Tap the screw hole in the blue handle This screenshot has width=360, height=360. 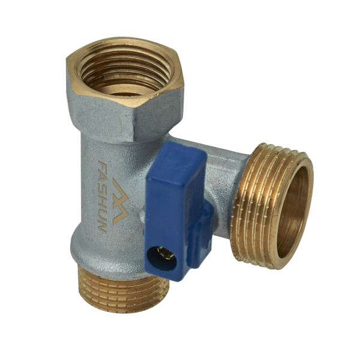[x=162, y=257]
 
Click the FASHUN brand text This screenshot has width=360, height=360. [x=103, y=196]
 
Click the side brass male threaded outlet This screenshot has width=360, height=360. [x=272, y=205]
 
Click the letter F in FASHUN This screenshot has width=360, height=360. [x=103, y=164]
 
